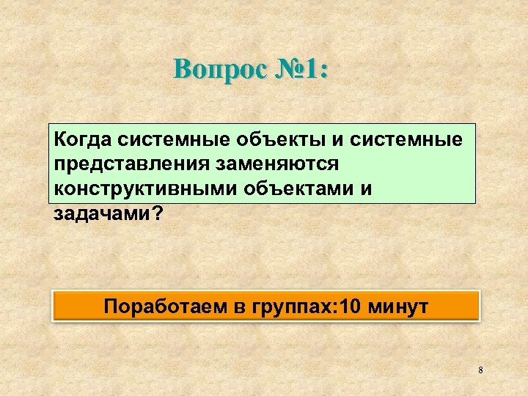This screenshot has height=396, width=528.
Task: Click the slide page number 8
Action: [x=480, y=370]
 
